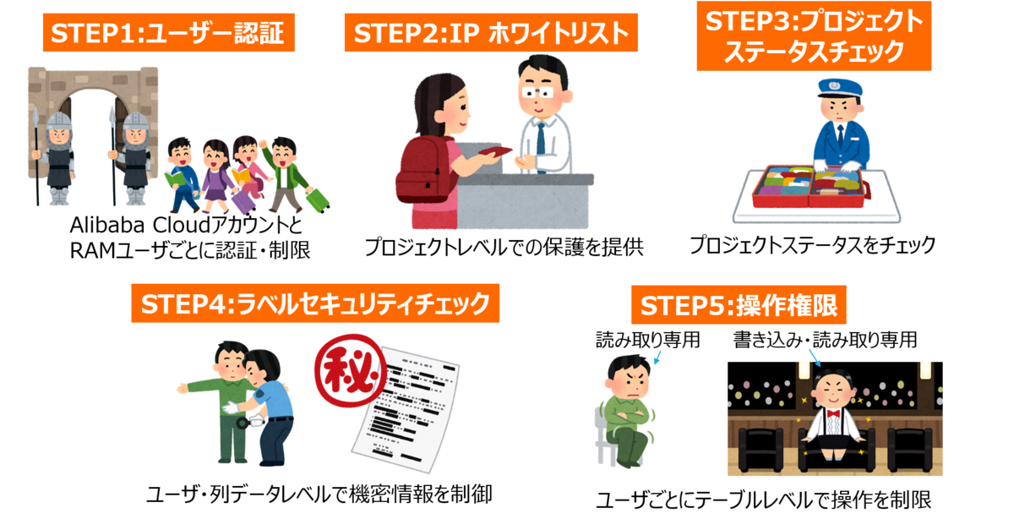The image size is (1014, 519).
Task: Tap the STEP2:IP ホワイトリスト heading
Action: pyautogui.click(x=491, y=35)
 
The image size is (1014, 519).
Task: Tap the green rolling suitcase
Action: pyautogui.click(x=317, y=198)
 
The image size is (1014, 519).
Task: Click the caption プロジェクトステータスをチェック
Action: pyautogui.click(x=812, y=245)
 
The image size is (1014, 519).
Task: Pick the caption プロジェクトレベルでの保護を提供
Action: pyautogui.click(x=504, y=248)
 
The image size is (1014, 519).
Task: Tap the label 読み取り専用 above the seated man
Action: pyautogui.click(x=648, y=340)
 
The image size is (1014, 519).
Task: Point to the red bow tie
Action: pyautogui.click(x=835, y=414)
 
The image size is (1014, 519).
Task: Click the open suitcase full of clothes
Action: pyautogui.click(x=808, y=187)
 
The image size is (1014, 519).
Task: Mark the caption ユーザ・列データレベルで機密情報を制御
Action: pyautogui.click(x=319, y=494)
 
